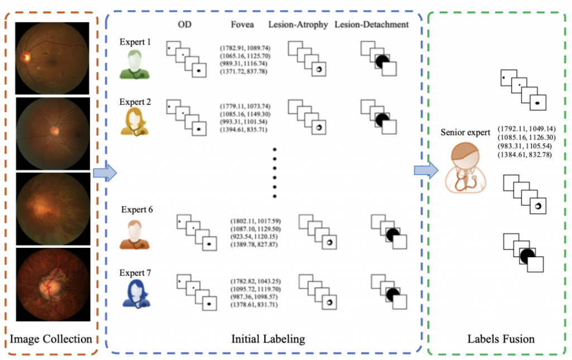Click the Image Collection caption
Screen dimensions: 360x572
pyautogui.click(x=51, y=339)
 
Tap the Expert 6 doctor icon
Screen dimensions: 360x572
pyautogui.click(x=134, y=234)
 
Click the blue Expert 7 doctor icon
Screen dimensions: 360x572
pyautogui.click(x=134, y=294)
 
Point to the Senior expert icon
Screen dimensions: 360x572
pyautogui.click(x=461, y=165)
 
